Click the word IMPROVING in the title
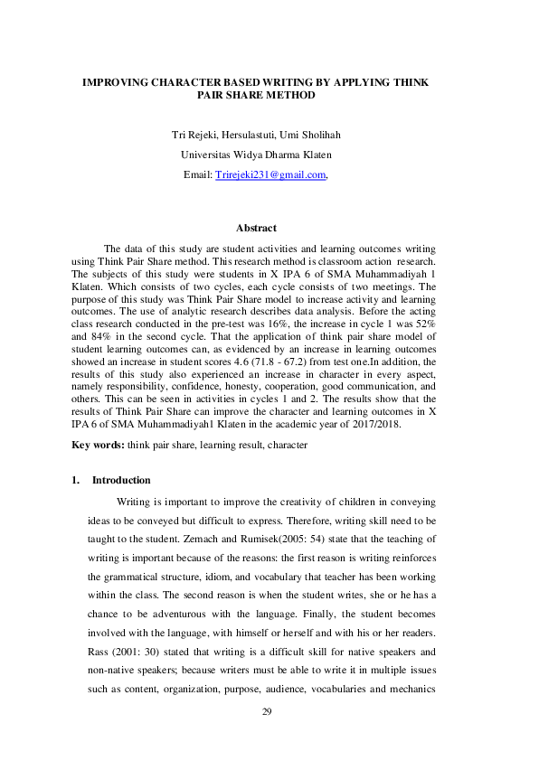(x=115, y=81)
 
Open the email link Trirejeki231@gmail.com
(x=269, y=174)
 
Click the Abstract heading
(x=256, y=228)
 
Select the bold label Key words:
(x=98, y=446)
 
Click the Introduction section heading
(x=121, y=480)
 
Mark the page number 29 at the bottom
(x=267, y=712)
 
